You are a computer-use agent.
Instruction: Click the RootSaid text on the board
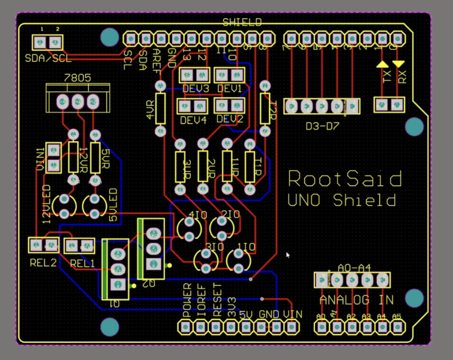345,179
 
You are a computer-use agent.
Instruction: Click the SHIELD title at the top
242,22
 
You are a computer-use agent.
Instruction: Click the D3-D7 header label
322,127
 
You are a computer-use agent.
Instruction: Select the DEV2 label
230,118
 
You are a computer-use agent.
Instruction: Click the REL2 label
43,263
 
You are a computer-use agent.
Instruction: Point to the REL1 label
82,263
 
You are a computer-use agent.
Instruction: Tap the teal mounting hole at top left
110,38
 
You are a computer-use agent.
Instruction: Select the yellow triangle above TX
382,63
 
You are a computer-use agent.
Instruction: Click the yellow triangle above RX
398,63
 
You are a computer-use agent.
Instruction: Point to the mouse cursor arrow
288,255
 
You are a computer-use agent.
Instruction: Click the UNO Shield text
342,201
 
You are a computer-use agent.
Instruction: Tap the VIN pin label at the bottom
293,315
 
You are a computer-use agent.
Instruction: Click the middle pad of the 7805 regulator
78,101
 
